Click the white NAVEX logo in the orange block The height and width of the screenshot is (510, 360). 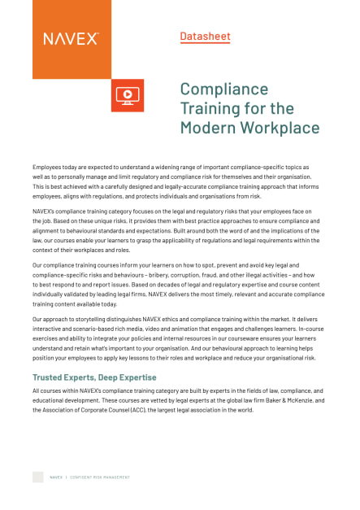tap(72, 38)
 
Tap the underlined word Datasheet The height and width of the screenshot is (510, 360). tap(205, 36)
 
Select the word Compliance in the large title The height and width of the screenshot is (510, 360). tap(223, 89)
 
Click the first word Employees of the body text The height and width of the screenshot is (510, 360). tap(50, 166)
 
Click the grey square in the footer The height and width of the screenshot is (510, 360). tap(37, 477)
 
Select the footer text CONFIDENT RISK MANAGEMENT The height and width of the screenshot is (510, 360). tap(98, 477)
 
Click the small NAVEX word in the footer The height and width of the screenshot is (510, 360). tap(56, 477)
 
